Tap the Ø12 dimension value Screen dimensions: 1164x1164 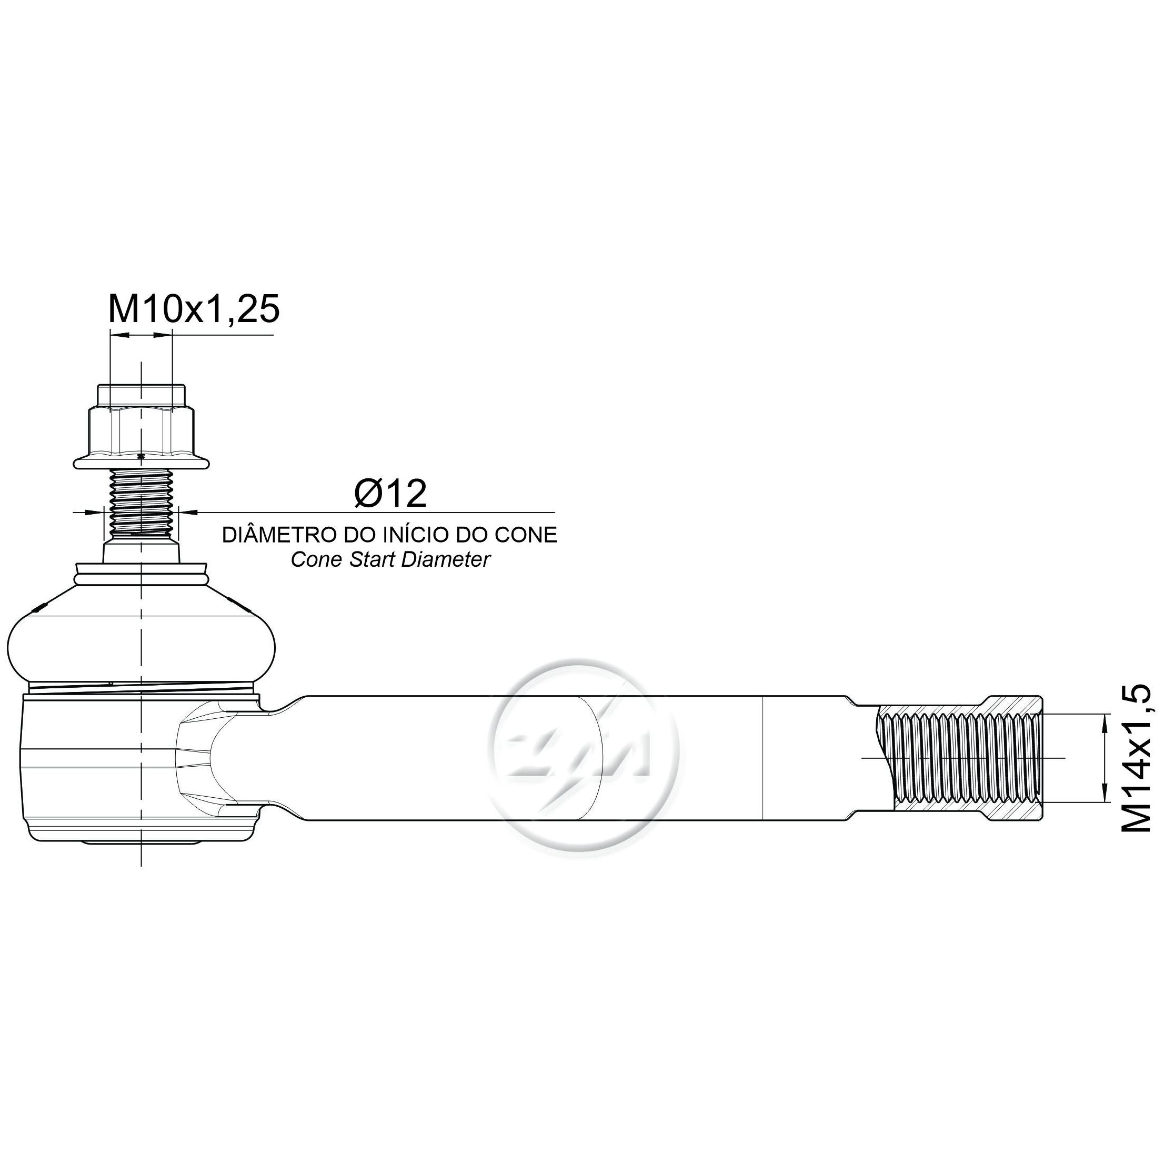pos(390,494)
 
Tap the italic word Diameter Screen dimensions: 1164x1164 pos(446,560)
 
